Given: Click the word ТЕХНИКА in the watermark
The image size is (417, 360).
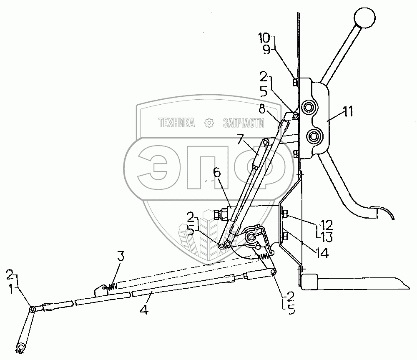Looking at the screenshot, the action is pos(177,123).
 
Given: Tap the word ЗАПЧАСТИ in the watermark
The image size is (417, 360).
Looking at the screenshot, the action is pos(244,123).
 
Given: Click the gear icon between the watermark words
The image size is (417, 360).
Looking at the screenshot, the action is pos(209,123).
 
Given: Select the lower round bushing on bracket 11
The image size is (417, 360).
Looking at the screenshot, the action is pos(313,136).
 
